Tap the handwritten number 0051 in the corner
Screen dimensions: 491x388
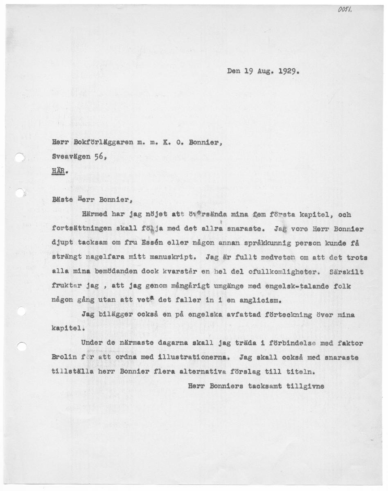coord(346,10)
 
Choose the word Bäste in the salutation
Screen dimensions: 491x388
coord(62,200)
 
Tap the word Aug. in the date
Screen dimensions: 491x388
coord(265,70)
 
